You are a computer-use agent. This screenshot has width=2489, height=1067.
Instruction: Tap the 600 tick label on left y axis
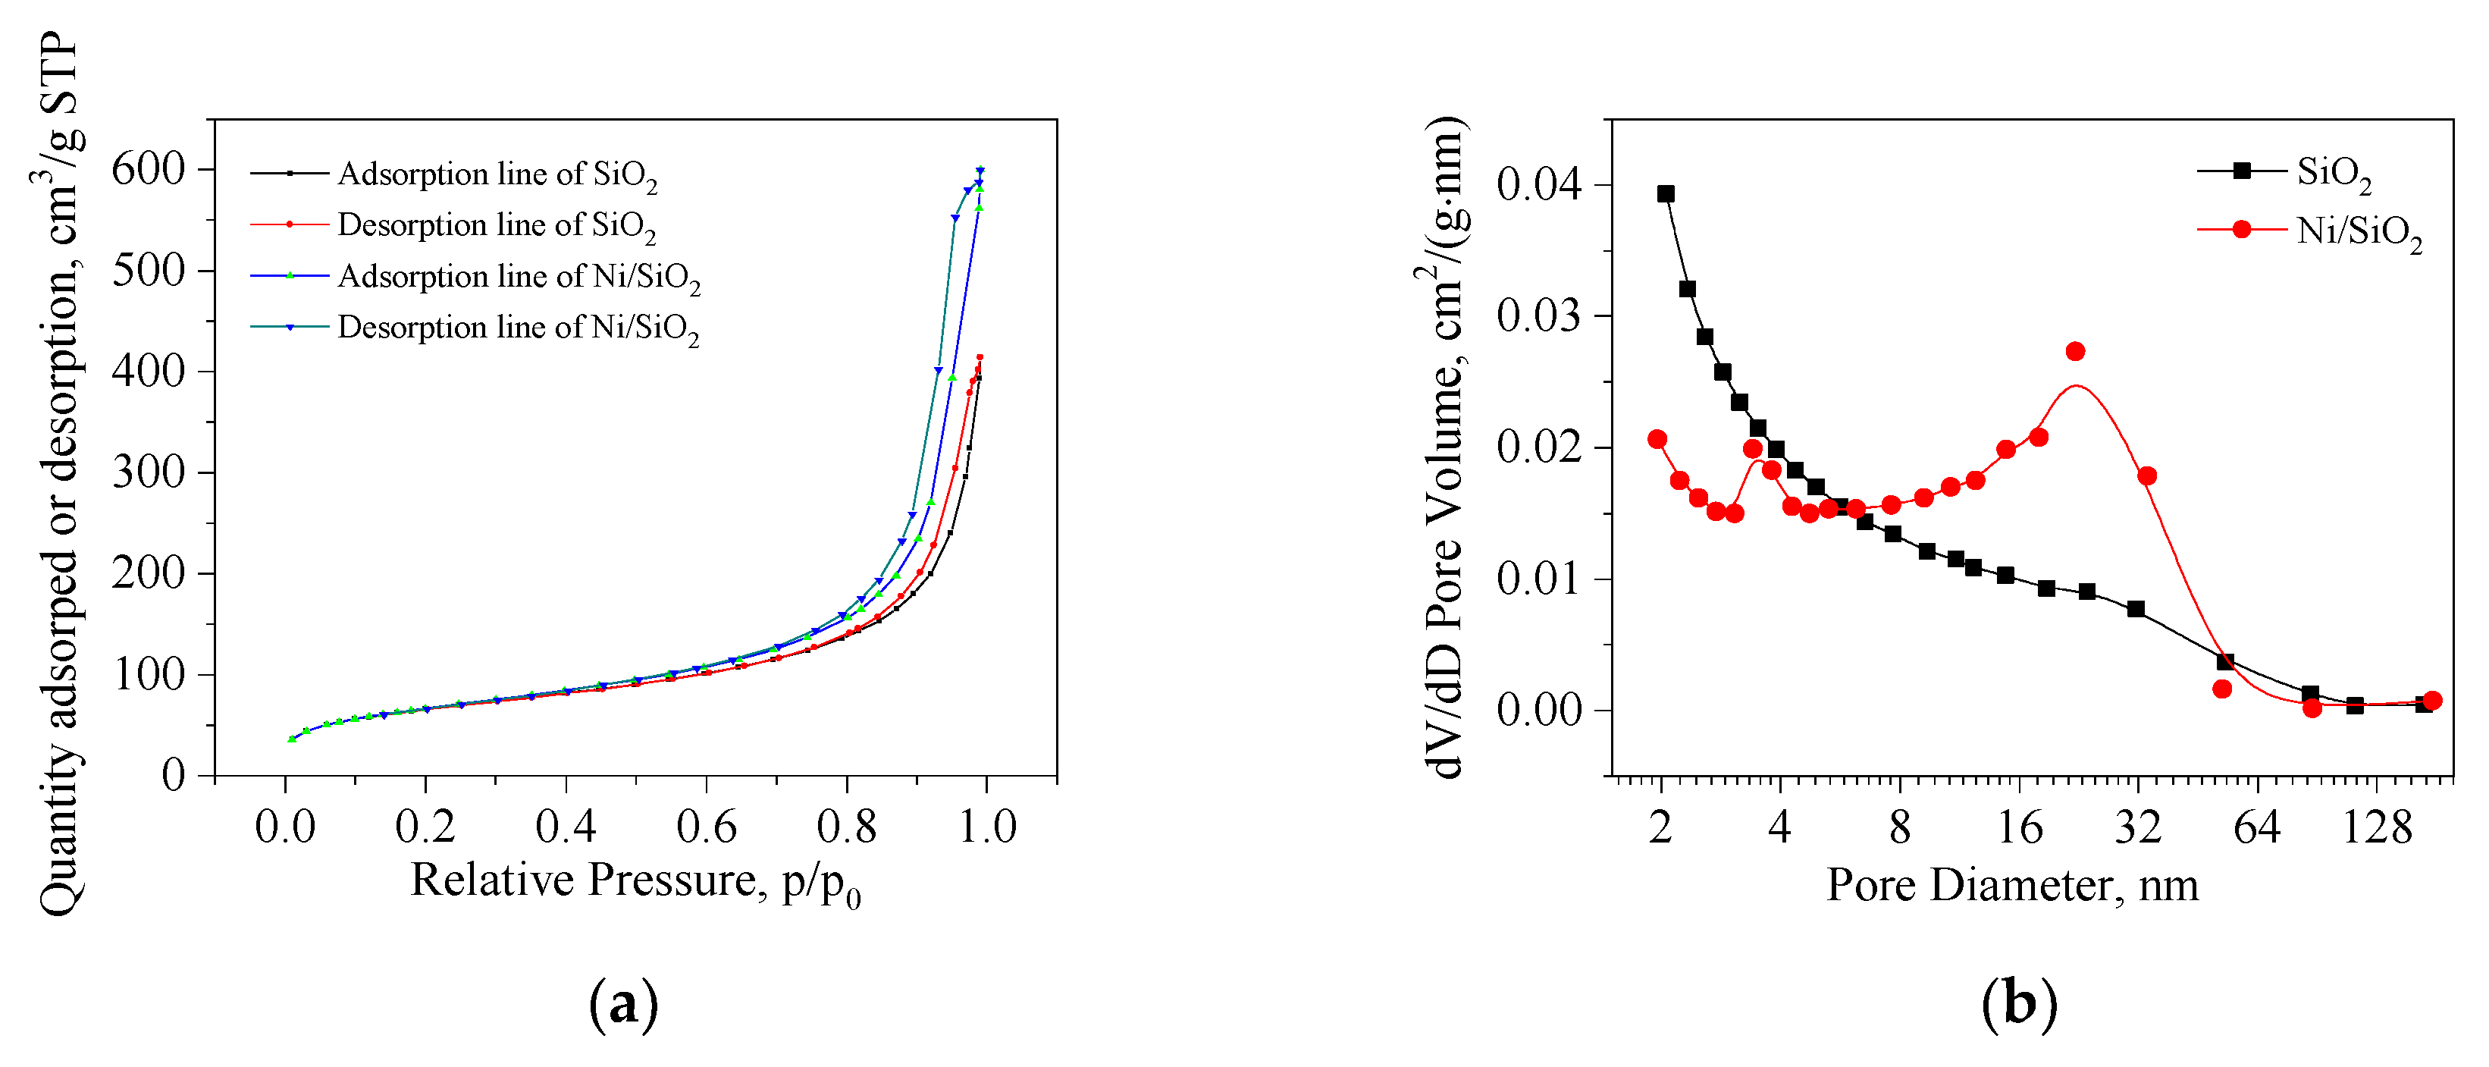pos(148,169)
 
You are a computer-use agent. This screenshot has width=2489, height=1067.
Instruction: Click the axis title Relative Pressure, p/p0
pos(635,881)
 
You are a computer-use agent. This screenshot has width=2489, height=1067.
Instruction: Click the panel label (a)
pos(623,1004)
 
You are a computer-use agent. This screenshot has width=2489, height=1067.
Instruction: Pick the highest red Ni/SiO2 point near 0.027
pos(2074,352)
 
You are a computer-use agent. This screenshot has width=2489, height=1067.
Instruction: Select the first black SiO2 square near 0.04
pos(1666,194)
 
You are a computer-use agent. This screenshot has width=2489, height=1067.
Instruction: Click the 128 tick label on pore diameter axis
pos(2377,828)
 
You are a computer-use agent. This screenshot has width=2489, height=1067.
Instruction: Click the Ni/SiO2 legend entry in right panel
pos(2358,231)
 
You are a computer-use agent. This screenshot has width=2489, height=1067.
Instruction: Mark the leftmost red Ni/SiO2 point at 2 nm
pos(1657,440)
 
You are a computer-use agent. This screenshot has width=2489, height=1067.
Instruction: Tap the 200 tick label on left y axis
pos(148,573)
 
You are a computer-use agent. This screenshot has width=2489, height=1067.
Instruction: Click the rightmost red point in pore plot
pos(2433,701)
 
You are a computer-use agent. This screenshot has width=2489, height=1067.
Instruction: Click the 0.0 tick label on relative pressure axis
pos(284,827)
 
